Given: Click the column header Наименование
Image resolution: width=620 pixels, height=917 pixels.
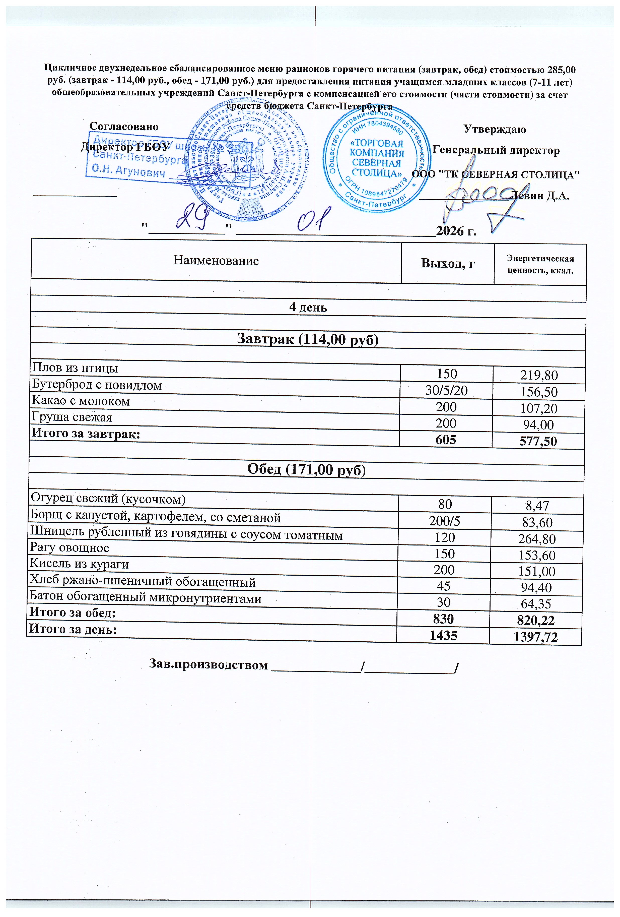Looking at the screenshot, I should pos(216,261).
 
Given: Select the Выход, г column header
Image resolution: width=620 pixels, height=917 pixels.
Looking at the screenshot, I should pos(447,263).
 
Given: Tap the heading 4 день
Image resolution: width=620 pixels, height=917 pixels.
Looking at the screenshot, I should pos(308,307).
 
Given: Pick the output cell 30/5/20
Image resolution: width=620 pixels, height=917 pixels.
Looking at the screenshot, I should pos(446,391).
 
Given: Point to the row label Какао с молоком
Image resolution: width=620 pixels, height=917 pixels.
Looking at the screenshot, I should pos(81,401).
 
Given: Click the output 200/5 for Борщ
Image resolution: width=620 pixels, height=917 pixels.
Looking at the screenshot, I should pos(445,522).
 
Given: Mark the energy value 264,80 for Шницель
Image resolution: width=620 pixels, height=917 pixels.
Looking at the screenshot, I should pos(537,539).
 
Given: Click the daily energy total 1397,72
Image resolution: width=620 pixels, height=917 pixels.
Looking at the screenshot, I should pos(536,636).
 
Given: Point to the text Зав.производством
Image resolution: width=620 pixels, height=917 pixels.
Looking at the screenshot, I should pos(208,665).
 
